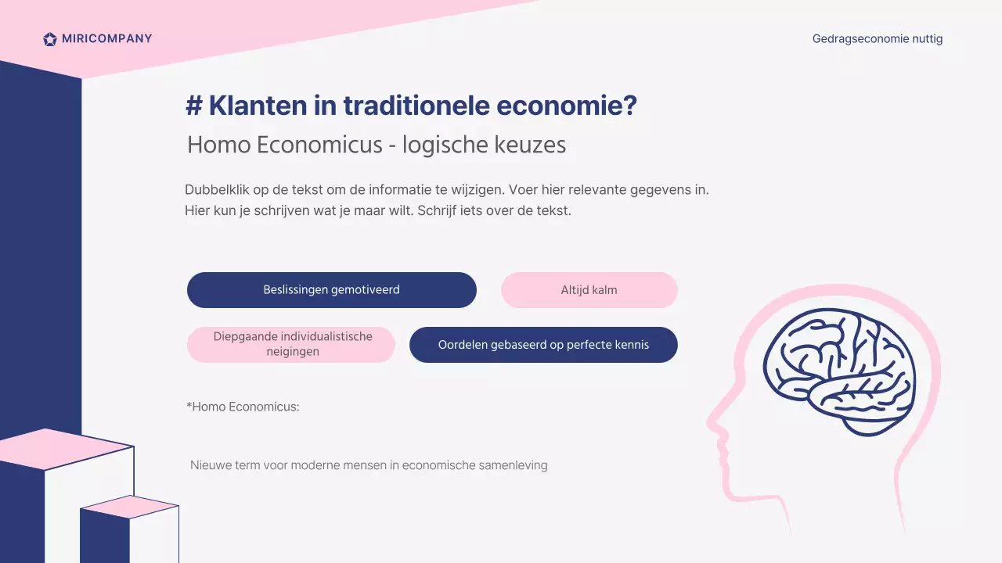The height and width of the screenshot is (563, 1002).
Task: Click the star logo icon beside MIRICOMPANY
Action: (x=50, y=39)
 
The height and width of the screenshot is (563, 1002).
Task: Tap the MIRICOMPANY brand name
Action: (x=106, y=38)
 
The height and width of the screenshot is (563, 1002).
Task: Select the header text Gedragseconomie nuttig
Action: (x=877, y=38)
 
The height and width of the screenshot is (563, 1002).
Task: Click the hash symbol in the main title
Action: (x=193, y=106)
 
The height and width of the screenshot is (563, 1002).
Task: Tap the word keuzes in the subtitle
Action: (x=532, y=145)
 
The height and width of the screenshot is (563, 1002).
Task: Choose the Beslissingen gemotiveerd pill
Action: (x=331, y=290)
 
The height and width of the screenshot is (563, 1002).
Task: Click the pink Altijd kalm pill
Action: (x=589, y=290)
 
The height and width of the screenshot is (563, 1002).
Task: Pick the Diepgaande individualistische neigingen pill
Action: (x=291, y=345)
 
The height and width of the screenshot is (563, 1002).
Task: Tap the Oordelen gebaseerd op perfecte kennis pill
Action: (x=543, y=345)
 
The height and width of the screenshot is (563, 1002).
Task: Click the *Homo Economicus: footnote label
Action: (x=243, y=407)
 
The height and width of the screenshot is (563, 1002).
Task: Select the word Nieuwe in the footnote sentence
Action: (x=210, y=465)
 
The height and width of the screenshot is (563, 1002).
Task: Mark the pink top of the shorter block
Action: (x=131, y=507)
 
